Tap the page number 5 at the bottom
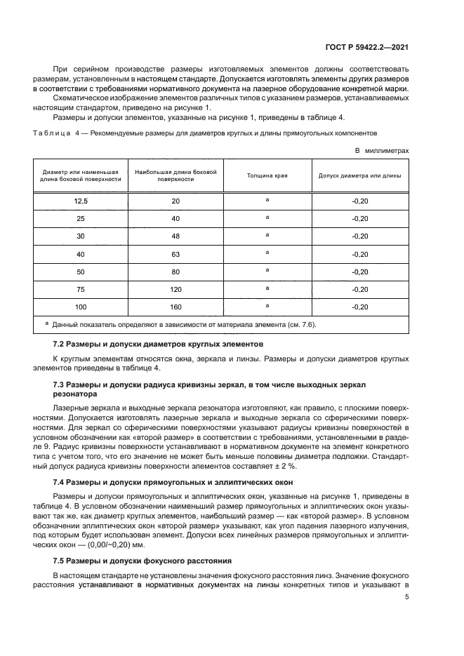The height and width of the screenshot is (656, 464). (x=406, y=598)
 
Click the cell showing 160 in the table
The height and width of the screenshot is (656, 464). (x=175, y=307)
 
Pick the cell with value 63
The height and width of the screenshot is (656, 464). (x=175, y=254)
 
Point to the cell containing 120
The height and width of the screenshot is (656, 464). (x=175, y=289)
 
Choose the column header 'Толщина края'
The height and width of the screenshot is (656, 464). (x=267, y=176)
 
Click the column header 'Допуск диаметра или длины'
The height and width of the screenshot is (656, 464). (x=359, y=176)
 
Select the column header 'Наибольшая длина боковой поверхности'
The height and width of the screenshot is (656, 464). (x=175, y=175)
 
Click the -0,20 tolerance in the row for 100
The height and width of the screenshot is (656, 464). (x=359, y=307)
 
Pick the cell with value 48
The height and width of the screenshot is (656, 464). (x=175, y=236)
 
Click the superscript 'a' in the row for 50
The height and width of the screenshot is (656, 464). (x=267, y=271)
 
